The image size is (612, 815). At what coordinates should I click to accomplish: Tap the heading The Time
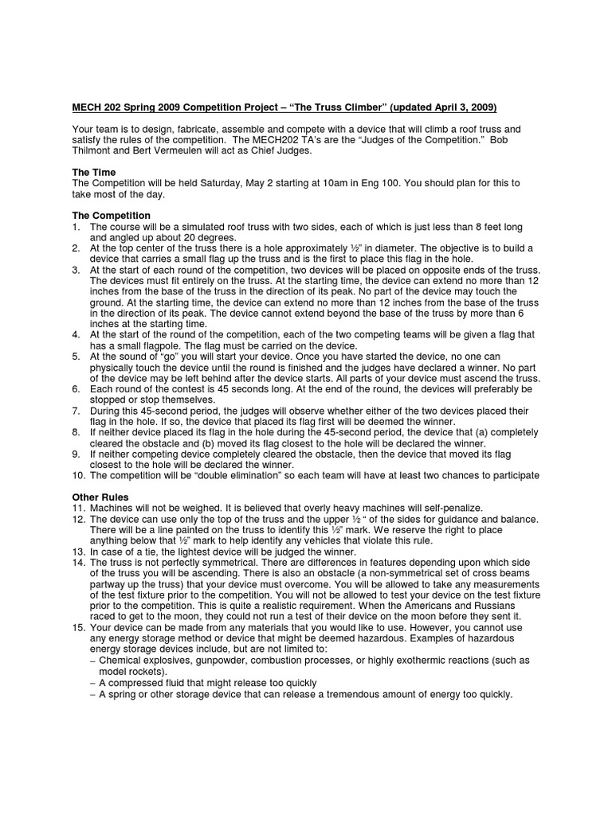94,172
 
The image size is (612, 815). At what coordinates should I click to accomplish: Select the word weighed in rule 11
192,507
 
